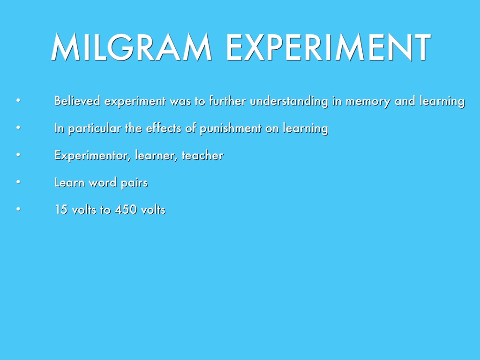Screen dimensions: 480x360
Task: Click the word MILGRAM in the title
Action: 131,47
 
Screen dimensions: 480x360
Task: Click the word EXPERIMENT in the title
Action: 329,47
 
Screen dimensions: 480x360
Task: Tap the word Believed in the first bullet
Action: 77,101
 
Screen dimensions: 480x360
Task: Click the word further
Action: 227,101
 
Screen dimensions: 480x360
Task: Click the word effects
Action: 164,128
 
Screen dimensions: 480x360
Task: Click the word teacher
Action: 202,155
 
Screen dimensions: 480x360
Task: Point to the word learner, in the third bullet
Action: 156,156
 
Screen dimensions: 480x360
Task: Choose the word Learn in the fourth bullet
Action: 69,182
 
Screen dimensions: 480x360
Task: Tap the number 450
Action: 126,210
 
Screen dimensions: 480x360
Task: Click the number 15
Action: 61,210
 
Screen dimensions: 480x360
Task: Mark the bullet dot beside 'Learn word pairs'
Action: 18,182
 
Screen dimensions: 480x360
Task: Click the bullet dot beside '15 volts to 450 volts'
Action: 18,210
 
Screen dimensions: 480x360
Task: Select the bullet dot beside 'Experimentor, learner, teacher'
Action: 18,155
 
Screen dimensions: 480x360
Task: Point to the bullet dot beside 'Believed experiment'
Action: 18,100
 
